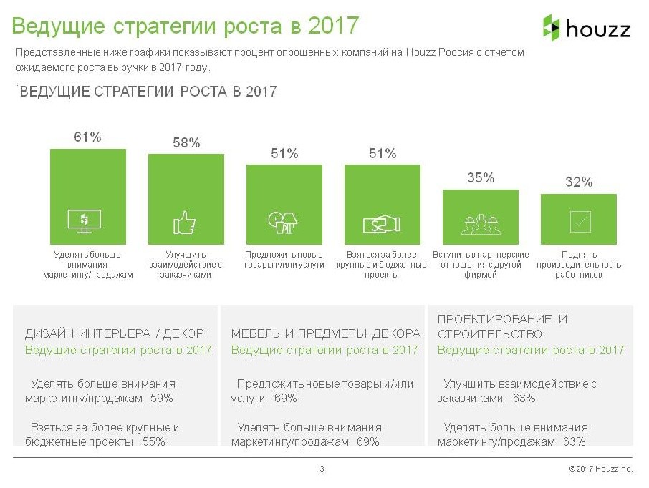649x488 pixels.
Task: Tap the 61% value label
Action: point(88,137)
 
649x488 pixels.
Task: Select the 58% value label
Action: point(186,142)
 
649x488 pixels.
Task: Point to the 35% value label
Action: point(481,178)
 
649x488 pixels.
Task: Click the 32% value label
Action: point(579,182)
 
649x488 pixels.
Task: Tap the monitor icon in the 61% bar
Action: point(85,221)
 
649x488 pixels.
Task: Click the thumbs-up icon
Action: point(184,222)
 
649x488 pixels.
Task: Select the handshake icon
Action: point(381,224)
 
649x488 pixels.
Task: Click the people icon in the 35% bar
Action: point(481,224)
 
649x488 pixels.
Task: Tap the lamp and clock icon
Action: point(284,223)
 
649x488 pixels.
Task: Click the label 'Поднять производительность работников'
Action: point(579,265)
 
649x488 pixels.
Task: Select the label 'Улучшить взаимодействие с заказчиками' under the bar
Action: point(185,265)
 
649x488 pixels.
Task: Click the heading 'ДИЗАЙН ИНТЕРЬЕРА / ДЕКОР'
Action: point(115,333)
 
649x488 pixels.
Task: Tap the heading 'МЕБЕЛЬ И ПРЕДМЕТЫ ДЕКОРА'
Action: point(326,333)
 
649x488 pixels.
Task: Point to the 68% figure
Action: point(524,399)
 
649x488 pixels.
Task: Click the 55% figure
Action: point(154,441)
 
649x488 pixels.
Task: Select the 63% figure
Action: point(575,441)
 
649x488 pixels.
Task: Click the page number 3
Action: point(322,469)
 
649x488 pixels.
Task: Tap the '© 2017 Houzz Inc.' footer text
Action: point(600,469)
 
